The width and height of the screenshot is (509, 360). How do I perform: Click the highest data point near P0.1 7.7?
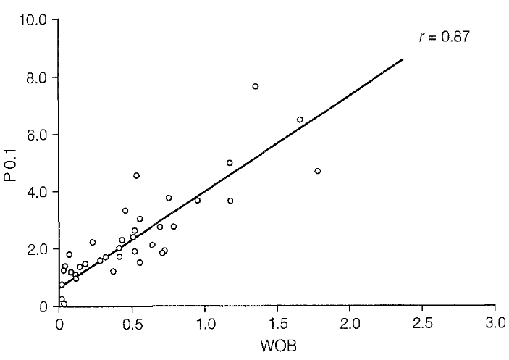256,86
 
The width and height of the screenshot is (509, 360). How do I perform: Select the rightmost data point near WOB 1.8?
317,171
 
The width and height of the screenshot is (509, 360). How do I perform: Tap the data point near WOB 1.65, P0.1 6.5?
300,120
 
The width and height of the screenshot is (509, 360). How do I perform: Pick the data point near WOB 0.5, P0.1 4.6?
136,175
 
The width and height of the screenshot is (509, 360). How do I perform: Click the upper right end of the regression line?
403,59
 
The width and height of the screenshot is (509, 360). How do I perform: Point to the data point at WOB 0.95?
197,200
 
